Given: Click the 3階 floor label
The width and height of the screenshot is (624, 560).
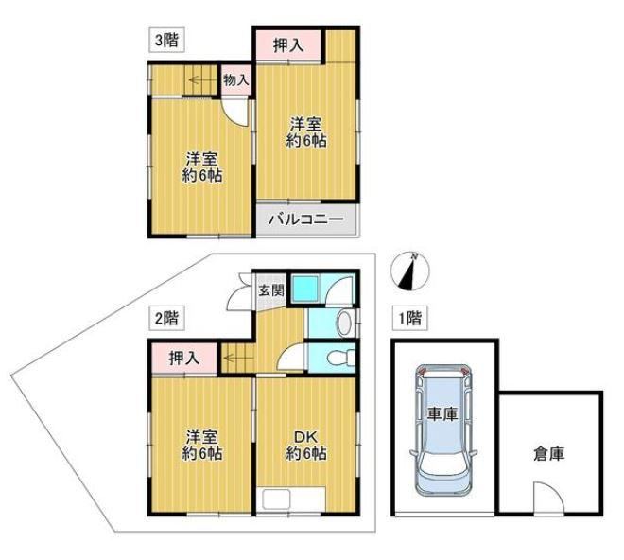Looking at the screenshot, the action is coord(166,40).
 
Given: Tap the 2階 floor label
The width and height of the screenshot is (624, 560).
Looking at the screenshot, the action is coord(166,318).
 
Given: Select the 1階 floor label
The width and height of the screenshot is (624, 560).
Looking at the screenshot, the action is coord(410,318).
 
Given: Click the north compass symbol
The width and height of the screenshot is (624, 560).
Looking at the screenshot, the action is coord(410,271).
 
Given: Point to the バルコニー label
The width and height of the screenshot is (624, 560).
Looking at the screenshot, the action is coord(305,219).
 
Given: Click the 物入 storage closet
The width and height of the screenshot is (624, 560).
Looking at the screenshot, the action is coord(236,80).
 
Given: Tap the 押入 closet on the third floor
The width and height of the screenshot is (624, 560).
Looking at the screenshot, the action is coord(288,45).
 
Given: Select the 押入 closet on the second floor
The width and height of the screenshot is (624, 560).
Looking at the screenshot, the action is coord(184,359).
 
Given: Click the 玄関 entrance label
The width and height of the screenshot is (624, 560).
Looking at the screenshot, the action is coord(271,290).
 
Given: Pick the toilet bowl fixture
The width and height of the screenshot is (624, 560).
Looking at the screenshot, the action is coord(341,357).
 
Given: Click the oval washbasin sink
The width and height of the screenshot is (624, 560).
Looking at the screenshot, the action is coord(345,323).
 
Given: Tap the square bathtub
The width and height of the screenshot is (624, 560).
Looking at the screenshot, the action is coord(305,289).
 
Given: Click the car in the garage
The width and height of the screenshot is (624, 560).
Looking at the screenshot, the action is coord(443,429).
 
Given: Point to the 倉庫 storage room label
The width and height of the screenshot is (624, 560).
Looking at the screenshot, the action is coord(549,454).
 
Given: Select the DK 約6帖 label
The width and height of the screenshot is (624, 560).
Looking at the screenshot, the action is coord(306,445).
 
